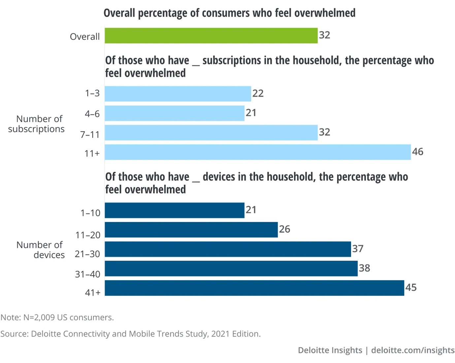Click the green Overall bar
211,36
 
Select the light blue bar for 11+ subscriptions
258,152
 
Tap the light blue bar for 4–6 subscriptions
175,113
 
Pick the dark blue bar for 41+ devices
254,288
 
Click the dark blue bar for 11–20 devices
191,230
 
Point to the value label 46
417,152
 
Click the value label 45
411,288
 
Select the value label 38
364,268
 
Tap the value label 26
284,229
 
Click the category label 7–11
90,135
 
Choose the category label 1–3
92,93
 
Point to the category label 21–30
87,254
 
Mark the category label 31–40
87,274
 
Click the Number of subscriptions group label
37,124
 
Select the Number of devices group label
40,250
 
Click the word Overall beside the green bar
84,37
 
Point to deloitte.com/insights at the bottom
413,350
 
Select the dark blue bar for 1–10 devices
175,210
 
